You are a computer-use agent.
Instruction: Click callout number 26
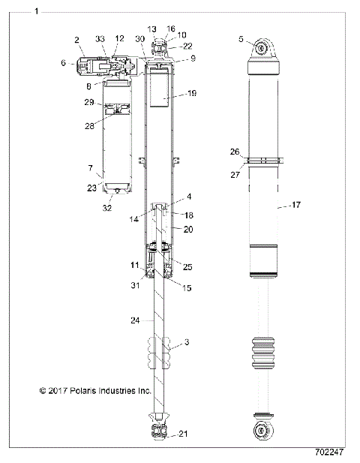coord(236,152)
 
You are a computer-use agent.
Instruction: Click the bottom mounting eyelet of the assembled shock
coord(263,431)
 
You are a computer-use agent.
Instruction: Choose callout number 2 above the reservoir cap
coord(77,39)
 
